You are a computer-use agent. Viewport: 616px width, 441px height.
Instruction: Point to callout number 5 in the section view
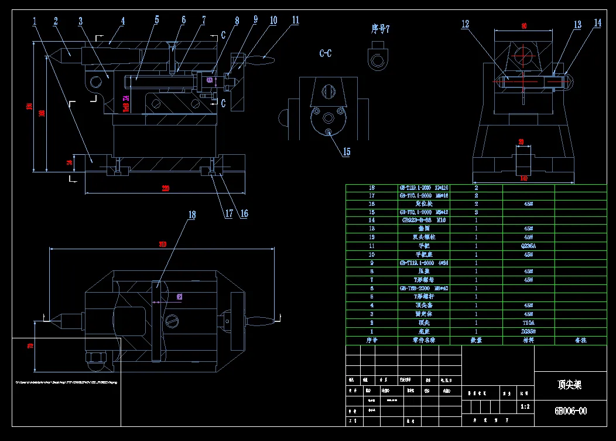(x=157, y=20)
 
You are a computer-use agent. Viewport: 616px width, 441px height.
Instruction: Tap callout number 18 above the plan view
(x=191, y=215)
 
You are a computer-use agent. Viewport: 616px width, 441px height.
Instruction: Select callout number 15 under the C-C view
(x=346, y=152)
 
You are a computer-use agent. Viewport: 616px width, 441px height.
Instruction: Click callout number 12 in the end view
(x=466, y=24)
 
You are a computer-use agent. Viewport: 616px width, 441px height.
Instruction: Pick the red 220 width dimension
(x=166, y=188)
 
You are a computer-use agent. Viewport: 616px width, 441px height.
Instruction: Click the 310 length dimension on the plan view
(x=162, y=245)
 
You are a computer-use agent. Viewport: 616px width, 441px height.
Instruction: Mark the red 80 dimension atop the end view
(x=523, y=26)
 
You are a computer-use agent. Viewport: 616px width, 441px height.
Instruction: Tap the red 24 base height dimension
(x=69, y=162)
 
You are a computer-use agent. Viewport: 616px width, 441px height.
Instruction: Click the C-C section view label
(x=326, y=53)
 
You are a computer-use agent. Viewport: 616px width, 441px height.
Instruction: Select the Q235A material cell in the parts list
(x=528, y=246)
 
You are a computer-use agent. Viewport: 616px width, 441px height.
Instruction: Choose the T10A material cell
(x=528, y=323)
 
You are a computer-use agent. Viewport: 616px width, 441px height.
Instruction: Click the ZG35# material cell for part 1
(x=528, y=331)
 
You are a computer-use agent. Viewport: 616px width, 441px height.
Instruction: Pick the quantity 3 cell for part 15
(x=476, y=212)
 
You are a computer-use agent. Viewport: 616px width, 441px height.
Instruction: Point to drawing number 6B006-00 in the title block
(x=570, y=411)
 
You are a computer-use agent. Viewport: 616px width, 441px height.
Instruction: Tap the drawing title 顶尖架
(x=569, y=385)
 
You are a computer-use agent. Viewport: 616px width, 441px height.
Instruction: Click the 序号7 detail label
(x=381, y=29)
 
